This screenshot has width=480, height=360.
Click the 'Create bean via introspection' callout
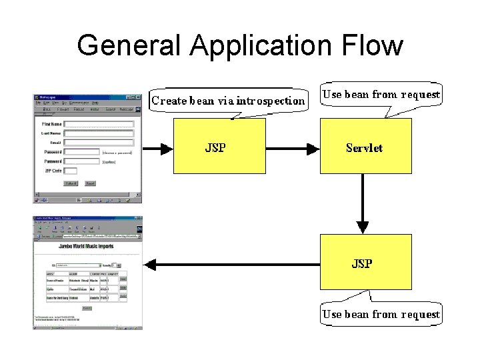[x=229, y=101]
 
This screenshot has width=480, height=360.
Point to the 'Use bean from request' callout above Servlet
[x=381, y=95]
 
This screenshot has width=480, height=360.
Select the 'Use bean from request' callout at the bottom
[x=381, y=314]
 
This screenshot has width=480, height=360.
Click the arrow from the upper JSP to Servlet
[x=293, y=149]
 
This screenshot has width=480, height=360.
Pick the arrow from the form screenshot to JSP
[x=157, y=149]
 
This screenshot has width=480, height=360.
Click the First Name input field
[x=99, y=124]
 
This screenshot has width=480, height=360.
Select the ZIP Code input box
[x=70, y=171]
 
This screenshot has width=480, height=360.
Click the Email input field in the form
[x=99, y=143]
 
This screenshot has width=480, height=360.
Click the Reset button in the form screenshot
[x=90, y=183]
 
